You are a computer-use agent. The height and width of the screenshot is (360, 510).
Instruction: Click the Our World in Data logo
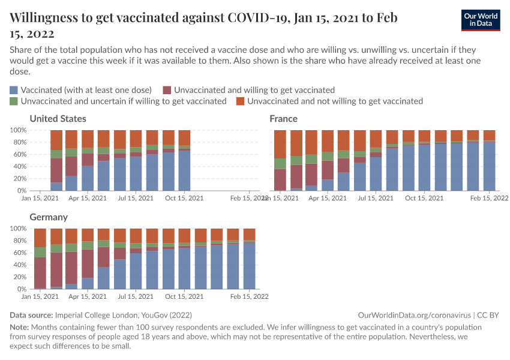tap(481, 20)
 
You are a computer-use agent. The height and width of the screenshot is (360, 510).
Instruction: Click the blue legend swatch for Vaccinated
tap(14, 90)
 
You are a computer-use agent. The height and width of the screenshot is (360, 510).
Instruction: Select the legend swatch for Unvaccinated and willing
tap(167, 90)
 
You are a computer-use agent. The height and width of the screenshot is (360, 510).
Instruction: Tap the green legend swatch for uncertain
tap(14, 101)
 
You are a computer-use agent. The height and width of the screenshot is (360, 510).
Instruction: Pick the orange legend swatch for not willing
tap(241, 101)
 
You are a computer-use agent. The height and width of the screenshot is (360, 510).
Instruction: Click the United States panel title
tap(58, 119)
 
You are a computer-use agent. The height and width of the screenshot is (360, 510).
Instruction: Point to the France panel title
tap(283, 119)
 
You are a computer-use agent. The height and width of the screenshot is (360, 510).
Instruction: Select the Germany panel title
tap(48, 217)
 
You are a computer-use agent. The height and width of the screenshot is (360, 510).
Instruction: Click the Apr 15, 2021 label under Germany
tap(88, 296)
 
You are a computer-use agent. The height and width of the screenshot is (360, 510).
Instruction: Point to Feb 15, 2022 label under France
tap(489, 198)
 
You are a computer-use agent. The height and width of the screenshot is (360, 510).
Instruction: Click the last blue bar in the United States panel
tap(184, 170)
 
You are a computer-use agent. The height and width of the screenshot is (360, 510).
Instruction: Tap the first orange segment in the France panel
tap(280, 144)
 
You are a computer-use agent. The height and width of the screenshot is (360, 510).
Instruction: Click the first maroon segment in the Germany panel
tap(40, 273)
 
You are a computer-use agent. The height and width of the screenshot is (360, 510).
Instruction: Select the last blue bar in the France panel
tap(489, 166)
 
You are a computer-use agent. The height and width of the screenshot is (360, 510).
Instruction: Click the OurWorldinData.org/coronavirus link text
tap(414, 315)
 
